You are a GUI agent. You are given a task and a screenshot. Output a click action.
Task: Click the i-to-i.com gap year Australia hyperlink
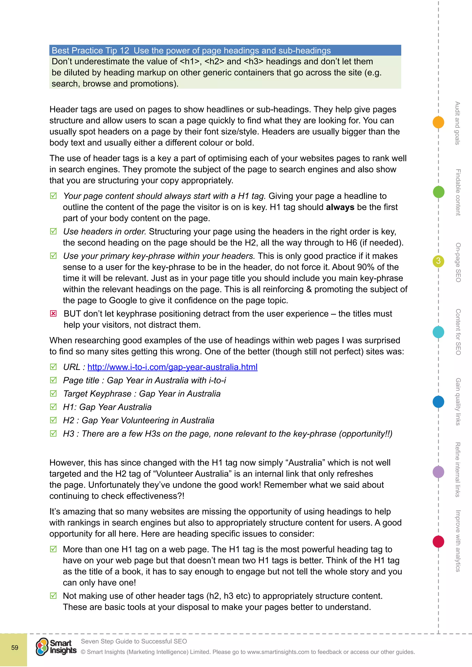(x=172, y=367)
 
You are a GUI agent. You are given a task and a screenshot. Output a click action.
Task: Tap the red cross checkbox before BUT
(x=53, y=313)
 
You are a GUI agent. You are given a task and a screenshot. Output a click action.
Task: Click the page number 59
(x=15, y=647)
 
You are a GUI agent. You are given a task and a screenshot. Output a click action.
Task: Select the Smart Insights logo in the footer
(x=56, y=647)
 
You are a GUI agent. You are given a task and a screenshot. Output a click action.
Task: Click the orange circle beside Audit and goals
(x=438, y=122)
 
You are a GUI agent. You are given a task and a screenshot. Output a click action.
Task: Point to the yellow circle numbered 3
(x=438, y=261)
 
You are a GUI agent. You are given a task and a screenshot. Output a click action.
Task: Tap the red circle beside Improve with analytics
(x=438, y=541)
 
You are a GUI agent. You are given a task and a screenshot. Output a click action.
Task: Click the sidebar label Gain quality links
(x=458, y=401)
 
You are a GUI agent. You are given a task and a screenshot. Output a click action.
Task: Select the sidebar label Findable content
(x=458, y=192)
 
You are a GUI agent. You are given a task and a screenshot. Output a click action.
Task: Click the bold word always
(x=340, y=207)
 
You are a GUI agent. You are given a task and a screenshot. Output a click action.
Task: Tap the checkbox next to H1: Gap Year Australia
(x=53, y=407)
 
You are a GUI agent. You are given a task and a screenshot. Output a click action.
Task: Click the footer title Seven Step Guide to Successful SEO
(x=134, y=641)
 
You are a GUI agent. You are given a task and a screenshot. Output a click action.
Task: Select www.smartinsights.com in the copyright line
(x=278, y=652)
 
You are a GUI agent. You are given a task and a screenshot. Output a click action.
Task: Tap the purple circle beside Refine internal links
(x=438, y=472)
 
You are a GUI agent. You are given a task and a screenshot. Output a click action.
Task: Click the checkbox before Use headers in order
(x=53, y=231)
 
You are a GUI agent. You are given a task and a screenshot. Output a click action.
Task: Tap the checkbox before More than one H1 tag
(x=53, y=549)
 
